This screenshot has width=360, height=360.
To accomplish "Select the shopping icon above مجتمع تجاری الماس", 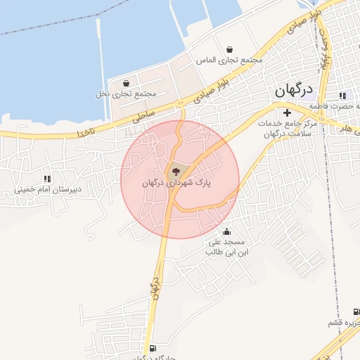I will click(231, 49).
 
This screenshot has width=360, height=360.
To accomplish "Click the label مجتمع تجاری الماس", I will click(230, 60).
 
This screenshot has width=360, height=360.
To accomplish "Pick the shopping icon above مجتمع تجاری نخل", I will click(126, 83).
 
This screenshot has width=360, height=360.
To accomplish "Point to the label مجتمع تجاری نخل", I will click(125, 94).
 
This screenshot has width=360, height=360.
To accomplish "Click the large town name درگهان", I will click(293, 90).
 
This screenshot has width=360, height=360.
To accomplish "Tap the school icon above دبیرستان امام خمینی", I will click(47, 179).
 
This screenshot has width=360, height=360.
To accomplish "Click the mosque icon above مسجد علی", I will click(226, 231).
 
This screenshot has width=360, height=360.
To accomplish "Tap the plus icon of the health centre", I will click(287, 112).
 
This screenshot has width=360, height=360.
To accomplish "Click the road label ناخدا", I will click(85, 131).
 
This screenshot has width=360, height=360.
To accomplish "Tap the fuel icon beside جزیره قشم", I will click(355, 311).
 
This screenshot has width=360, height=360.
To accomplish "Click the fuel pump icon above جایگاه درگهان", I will click(153, 348).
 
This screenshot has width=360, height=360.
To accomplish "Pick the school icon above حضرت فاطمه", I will click(342, 96).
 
